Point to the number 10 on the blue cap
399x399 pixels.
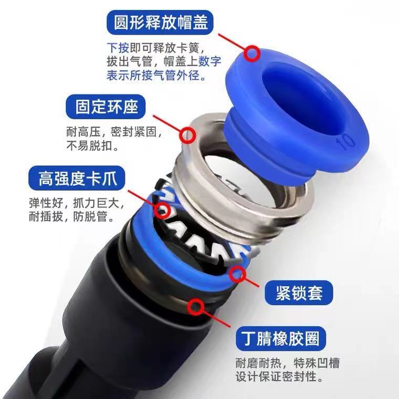tap(348, 142)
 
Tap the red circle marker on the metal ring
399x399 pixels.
tap(187, 135)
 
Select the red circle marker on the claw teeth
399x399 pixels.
tap(163, 213)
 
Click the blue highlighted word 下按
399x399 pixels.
tap(118, 46)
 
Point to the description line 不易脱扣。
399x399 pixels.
tap(92, 146)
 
